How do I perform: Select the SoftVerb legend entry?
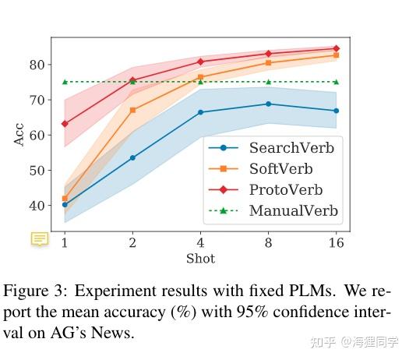[x=280, y=168]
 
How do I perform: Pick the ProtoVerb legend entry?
[x=285, y=189]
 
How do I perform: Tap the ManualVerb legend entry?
[x=292, y=210]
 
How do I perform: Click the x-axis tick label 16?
[x=336, y=242]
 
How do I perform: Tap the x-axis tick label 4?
[x=200, y=242]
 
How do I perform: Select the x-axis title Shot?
[x=200, y=258]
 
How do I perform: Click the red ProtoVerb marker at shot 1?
[x=65, y=124]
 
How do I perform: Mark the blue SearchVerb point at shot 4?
[x=200, y=112]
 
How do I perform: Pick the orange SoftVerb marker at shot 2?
[x=132, y=110]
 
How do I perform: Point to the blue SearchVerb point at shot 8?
[x=268, y=104]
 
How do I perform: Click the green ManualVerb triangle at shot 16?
[x=336, y=82]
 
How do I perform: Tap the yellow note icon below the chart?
[x=40, y=239]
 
